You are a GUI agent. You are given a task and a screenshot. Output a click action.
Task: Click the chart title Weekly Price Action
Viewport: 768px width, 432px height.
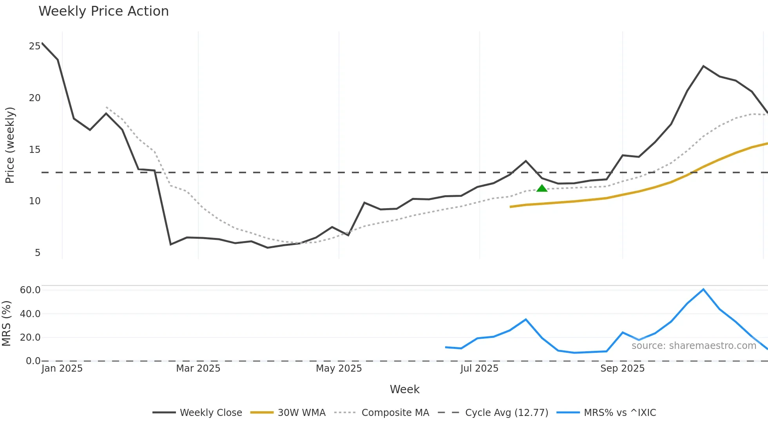coord(103,11)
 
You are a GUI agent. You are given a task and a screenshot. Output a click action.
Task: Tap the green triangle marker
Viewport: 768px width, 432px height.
coord(542,189)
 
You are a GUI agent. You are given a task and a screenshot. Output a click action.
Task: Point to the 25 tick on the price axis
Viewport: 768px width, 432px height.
coord(34,46)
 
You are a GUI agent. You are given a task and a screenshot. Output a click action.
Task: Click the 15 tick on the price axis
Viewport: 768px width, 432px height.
coord(34,150)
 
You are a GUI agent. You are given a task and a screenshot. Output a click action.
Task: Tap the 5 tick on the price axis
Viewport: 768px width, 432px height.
coord(38,253)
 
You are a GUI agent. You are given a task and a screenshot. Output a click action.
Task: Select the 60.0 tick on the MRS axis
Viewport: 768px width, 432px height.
coord(30,290)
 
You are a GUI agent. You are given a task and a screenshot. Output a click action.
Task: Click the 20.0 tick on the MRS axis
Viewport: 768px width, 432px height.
coord(30,338)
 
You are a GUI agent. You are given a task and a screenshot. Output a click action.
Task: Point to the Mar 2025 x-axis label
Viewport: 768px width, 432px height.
coord(198,368)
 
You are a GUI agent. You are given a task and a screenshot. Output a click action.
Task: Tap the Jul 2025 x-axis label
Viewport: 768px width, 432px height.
coord(479,368)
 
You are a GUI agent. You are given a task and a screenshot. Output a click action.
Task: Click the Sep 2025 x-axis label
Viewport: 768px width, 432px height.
coord(622,368)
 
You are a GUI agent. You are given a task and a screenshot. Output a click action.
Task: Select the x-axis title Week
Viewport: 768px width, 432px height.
coord(404,389)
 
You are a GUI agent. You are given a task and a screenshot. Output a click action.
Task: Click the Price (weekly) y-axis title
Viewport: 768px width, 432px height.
coord(10,145)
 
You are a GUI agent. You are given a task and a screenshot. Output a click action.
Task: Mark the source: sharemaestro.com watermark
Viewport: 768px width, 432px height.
coord(694,346)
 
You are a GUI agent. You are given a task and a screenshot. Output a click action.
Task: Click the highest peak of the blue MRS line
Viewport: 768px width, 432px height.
coord(703,289)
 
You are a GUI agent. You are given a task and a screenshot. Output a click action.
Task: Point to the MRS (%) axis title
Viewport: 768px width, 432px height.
coord(6,323)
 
